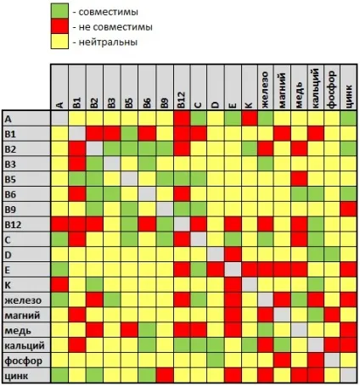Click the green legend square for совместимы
(x=59, y=11)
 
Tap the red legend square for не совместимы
(x=59, y=26)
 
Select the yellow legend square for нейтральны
(x=59, y=42)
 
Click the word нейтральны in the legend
(x=108, y=42)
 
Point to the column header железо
(x=266, y=90)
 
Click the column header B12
(x=182, y=100)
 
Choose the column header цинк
(x=349, y=96)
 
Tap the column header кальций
(x=316, y=88)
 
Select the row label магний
(x=22, y=316)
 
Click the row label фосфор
(x=24, y=361)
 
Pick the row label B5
(x=10, y=179)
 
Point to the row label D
(x=8, y=255)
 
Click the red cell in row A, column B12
(x=182, y=119)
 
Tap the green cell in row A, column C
(x=199, y=119)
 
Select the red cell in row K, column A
(x=59, y=284)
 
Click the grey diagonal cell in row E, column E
(x=233, y=270)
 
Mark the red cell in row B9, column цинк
(x=348, y=210)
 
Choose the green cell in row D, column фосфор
(x=332, y=255)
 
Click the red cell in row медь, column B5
(x=130, y=330)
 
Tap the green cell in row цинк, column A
(x=59, y=375)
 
